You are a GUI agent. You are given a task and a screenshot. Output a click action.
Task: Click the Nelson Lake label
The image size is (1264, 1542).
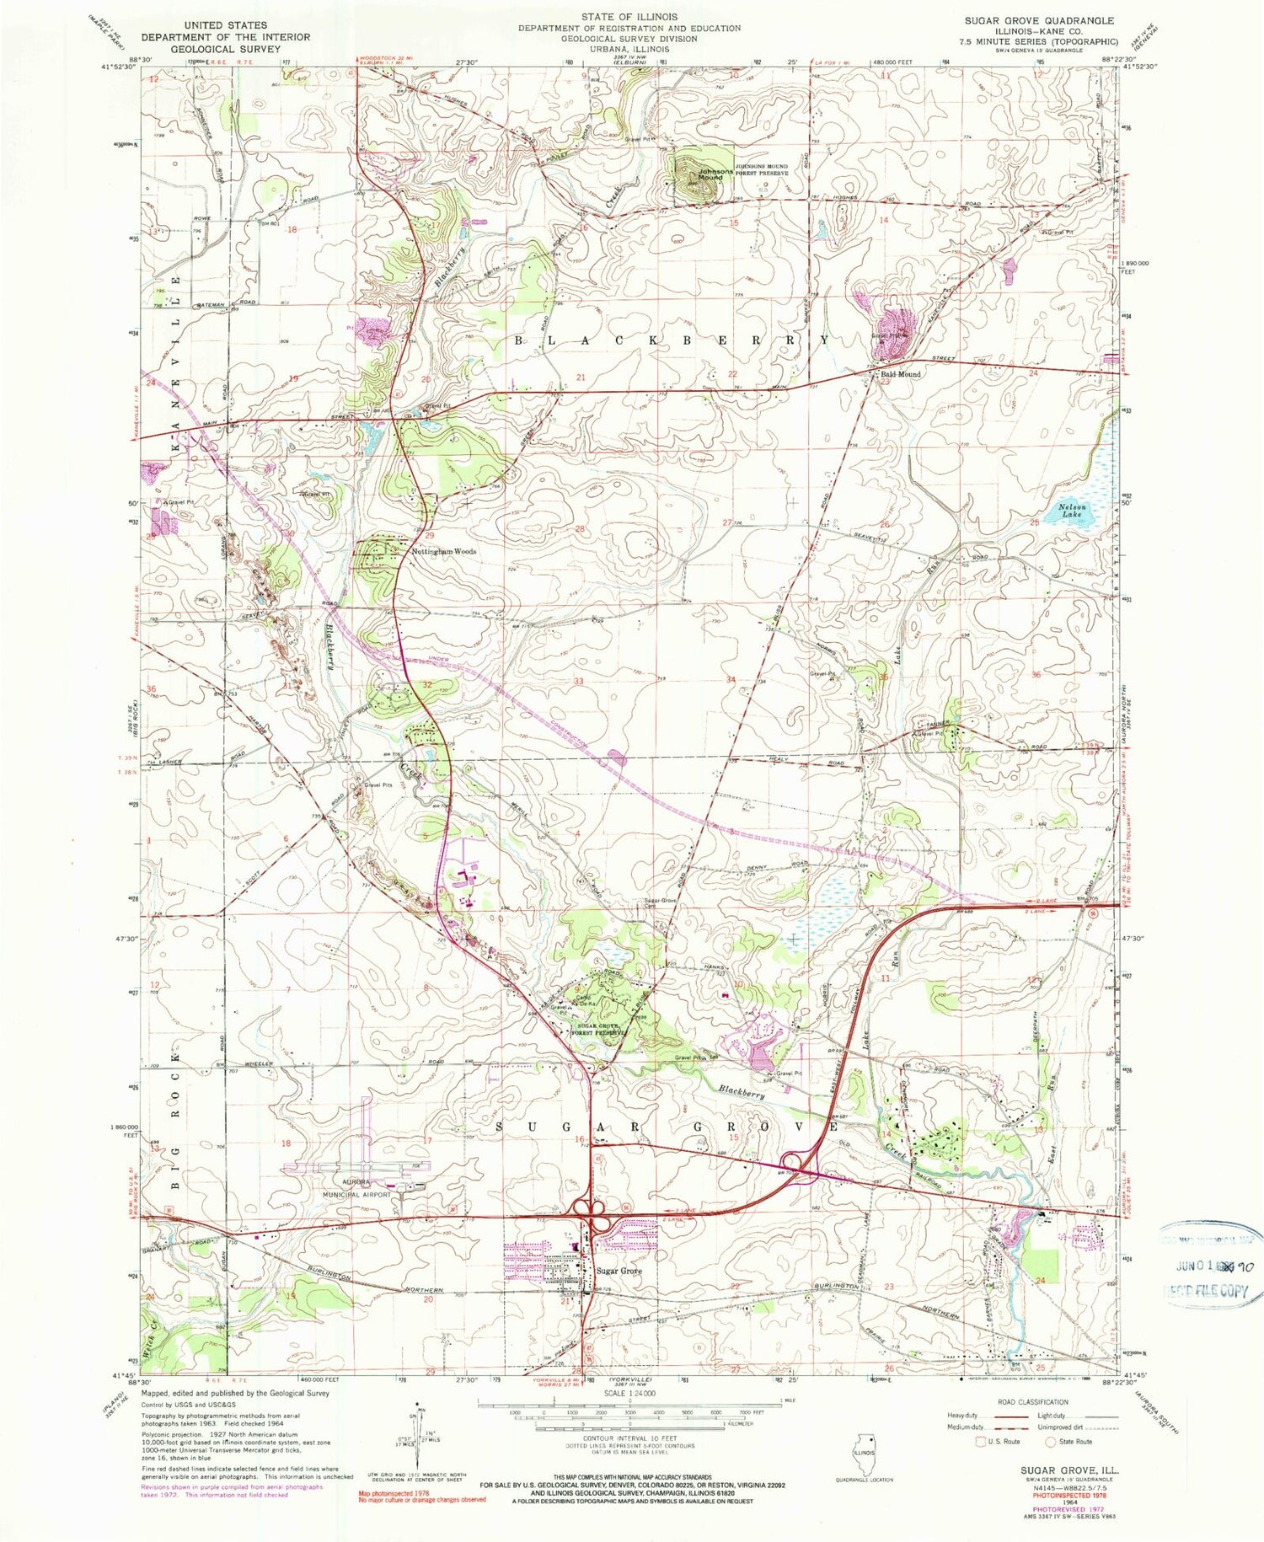(1074, 511)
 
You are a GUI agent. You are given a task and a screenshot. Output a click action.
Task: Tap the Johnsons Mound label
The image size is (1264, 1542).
(710, 174)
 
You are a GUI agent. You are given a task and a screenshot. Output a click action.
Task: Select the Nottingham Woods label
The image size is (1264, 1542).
(444, 551)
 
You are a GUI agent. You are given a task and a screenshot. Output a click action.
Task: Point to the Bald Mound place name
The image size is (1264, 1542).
(900, 374)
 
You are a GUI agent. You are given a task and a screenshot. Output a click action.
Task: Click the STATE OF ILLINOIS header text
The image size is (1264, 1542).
(629, 17)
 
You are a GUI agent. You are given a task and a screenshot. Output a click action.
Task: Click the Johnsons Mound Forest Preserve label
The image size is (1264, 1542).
(762, 170)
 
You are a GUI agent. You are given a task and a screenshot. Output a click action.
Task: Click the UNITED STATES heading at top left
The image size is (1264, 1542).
(225, 25)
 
